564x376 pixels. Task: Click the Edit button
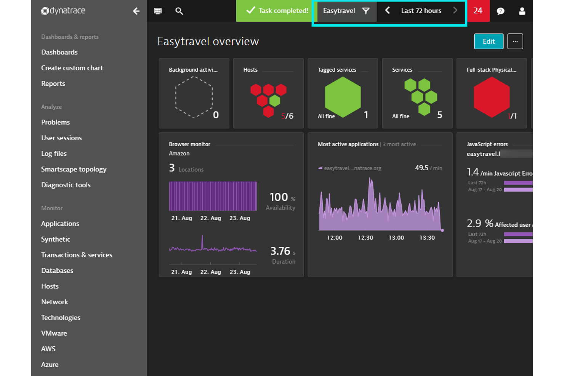click(x=489, y=42)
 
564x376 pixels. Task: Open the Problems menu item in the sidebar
click(x=55, y=122)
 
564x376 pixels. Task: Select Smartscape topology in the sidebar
click(x=74, y=169)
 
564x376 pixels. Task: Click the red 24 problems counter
click(x=478, y=11)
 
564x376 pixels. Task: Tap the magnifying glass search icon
click(x=179, y=11)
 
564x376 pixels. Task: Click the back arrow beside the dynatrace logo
click(x=136, y=11)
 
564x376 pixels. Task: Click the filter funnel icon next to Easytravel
click(x=366, y=11)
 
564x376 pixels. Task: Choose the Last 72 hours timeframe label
click(x=421, y=11)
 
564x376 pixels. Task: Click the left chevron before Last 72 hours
click(x=387, y=11)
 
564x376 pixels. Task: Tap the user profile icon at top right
click(x=522, y=11)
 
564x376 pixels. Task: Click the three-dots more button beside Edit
click(x=515, y=42)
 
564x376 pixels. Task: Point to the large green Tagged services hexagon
click(x=343, y=97)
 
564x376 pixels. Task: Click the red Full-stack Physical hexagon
click(x=491, y=97)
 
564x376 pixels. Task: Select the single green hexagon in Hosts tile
click(x=275, y=101)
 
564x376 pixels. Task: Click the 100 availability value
click(x=279, y=197)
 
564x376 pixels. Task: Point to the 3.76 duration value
click(x=280, y=251)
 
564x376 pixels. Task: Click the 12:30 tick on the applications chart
click(x=365, y=237)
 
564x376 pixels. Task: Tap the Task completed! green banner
click(x=277, y=11)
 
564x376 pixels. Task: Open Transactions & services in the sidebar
click(x=77, y=255)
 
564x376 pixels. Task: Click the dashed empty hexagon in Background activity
click(x=194, y=97)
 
